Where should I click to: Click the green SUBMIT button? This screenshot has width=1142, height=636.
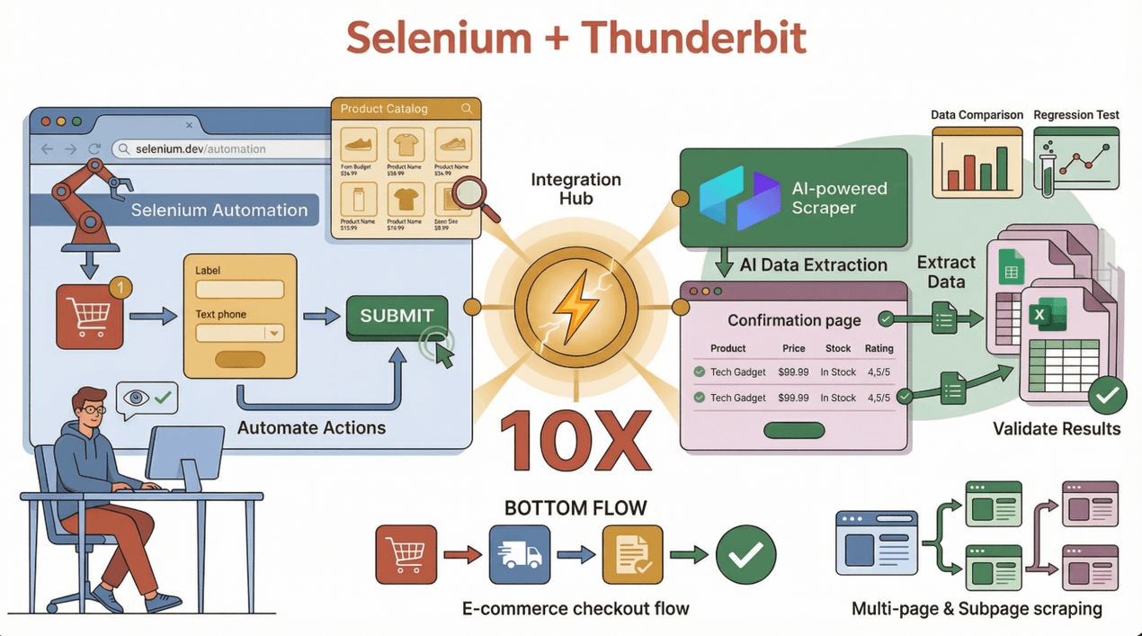point(397,316)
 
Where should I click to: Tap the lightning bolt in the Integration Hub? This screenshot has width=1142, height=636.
point(575,307)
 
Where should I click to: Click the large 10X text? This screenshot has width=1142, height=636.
point(575,440)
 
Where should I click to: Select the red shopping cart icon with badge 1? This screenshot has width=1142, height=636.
point(89,316)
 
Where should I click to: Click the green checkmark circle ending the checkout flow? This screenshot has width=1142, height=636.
point(745,556)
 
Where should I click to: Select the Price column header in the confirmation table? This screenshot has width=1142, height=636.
point(793,348)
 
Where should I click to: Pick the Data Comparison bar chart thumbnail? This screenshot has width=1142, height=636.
point(977,162)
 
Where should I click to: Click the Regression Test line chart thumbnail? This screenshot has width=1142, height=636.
point(1076,162)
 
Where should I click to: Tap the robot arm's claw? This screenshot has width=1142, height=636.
point(119,185)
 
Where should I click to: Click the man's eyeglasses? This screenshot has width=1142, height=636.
point(92,410)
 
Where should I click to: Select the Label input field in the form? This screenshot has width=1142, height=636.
point(239,290)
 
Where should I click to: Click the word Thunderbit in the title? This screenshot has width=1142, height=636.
point(693,39)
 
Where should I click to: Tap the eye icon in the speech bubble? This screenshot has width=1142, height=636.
point(136,397)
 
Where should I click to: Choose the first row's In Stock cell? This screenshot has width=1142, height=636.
point(837,372)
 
